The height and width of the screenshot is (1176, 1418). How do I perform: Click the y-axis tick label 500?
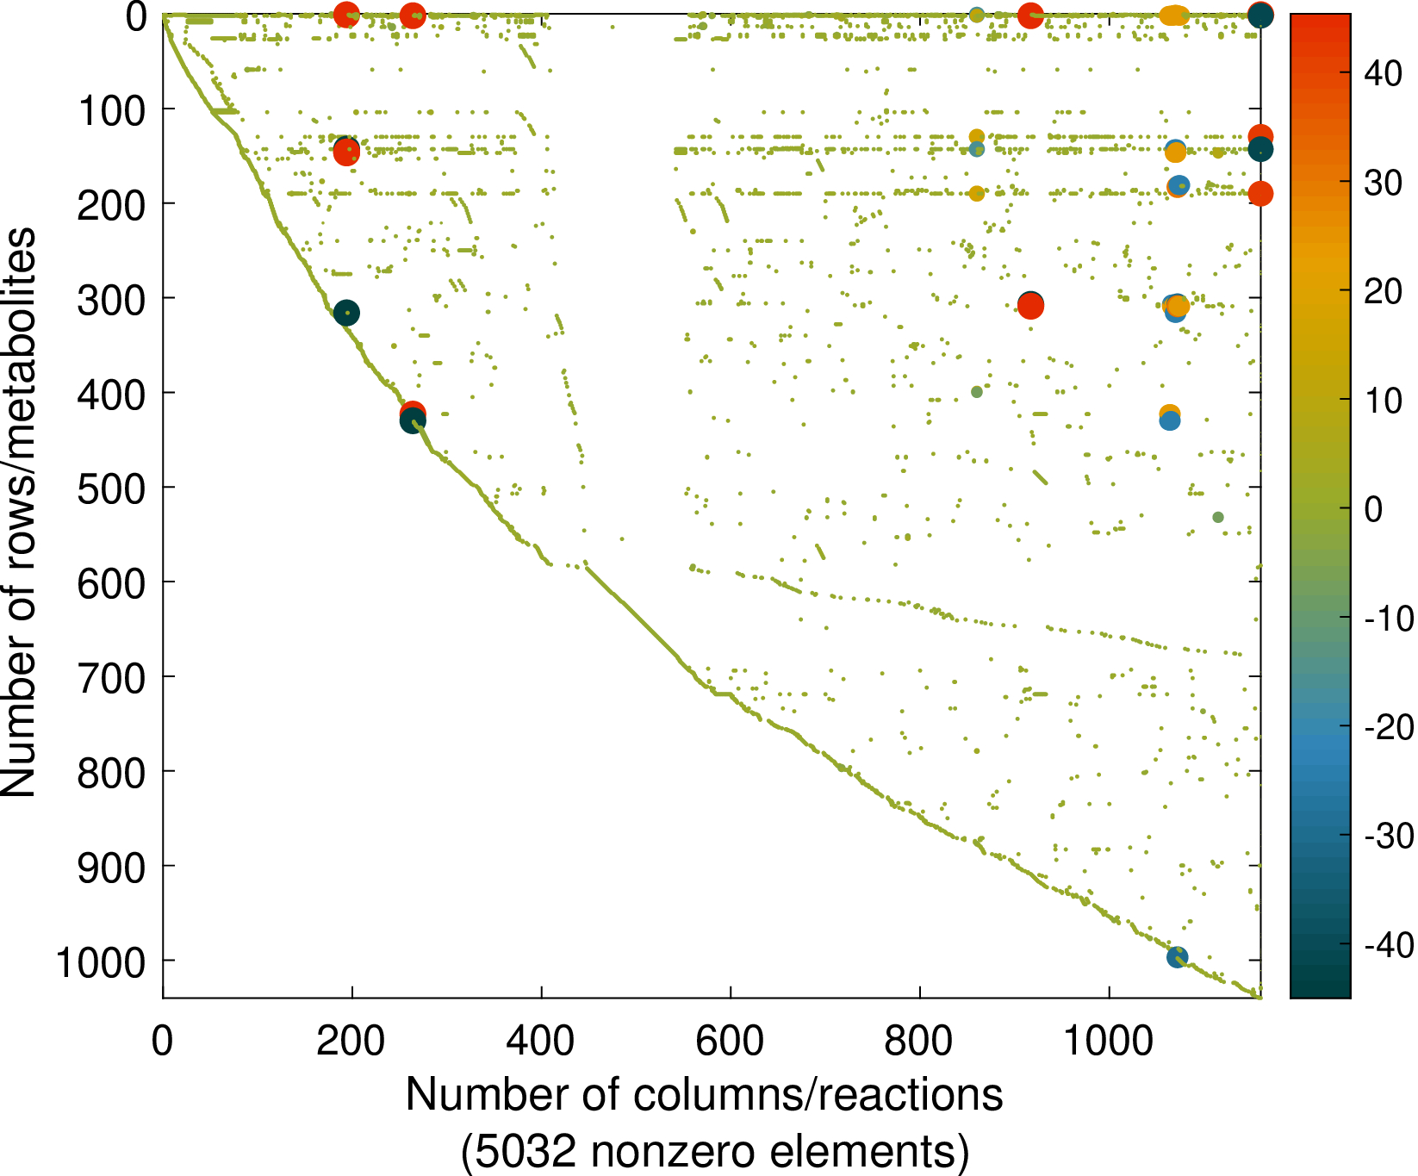pyautogui.click(x=112, y=488)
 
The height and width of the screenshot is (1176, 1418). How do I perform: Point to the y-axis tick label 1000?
pyautogui.click(x=101, y=961)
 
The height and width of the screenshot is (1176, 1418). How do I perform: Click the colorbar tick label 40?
pyautogui.click(x=1383, y=74)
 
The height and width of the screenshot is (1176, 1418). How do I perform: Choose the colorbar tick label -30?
pyautogui.click(x=1388, y=836)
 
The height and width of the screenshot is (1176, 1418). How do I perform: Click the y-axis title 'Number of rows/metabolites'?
pyautogui.click(x=19, y=513)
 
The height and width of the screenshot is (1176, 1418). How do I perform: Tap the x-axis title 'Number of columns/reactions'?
pyautogui.click(x=704, y=1095)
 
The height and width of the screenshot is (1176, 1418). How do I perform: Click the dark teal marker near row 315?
pyautogui.click(x=346, y=313)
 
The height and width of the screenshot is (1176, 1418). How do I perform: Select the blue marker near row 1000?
pyautogui.click(x=1177, y=956)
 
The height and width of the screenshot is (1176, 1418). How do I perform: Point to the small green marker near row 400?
pyautogui.click(x=976, y=392)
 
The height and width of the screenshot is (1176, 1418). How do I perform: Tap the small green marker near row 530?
pyautogui.click(x=1218, y=517)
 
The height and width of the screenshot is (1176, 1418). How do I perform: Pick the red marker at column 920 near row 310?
pyautogui.click(x=1030, y=307)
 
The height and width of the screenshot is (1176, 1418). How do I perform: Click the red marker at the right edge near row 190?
pyautogui.click(x=1260, y=194)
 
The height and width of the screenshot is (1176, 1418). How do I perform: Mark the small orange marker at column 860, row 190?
pyautogui.click(x=976, y=194)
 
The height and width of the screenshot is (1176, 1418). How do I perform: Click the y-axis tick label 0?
pyautogui.click(x=136, y=16)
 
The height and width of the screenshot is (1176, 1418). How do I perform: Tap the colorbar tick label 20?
pyautogui.click(x=1383, y=292)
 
